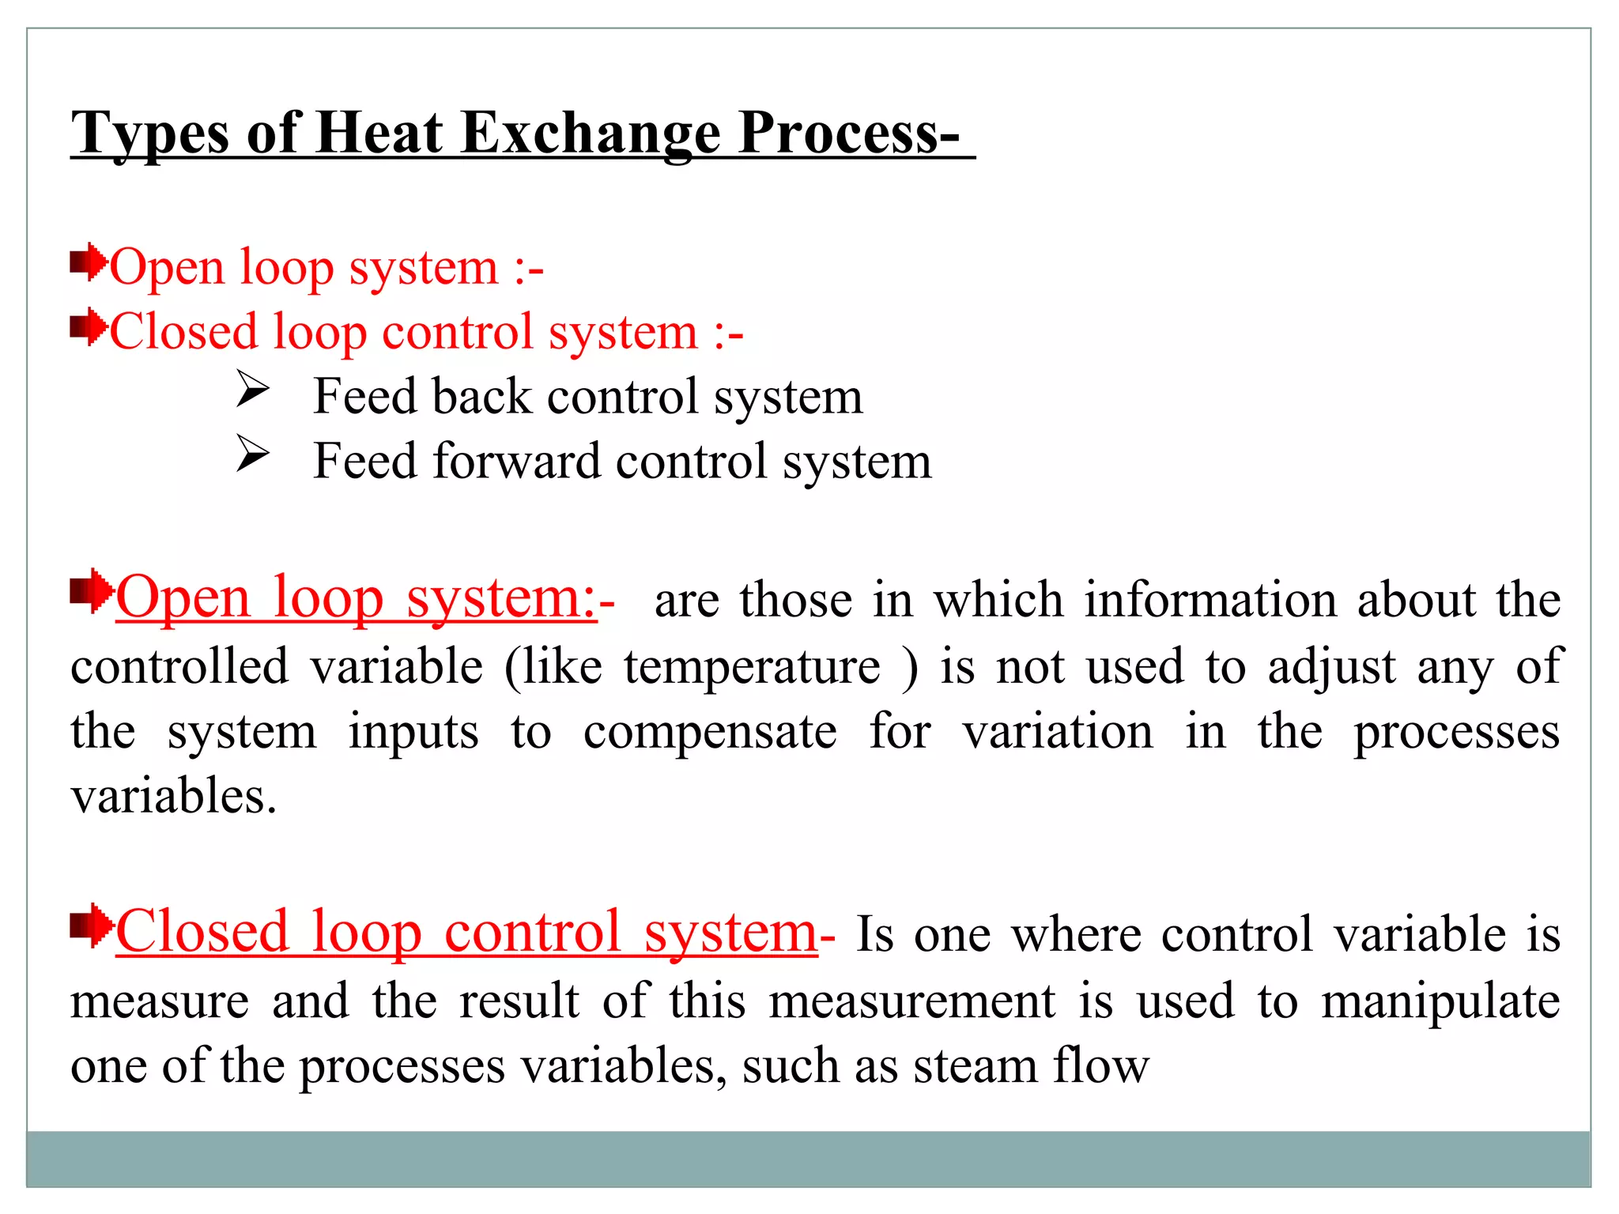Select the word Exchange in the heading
[591, 132]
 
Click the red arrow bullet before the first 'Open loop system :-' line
[89, 263]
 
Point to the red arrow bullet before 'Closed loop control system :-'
[89, 327]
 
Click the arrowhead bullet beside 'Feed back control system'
[253, 390]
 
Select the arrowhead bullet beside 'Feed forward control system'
[253, 455]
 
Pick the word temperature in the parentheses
[752, 666]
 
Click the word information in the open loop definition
[1210, 599]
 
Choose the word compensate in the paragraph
[710, 732]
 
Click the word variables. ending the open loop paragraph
[174, 796]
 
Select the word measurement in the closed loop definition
[912, 1001]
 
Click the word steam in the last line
[975, 1066]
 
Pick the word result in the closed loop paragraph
[519, 1001]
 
